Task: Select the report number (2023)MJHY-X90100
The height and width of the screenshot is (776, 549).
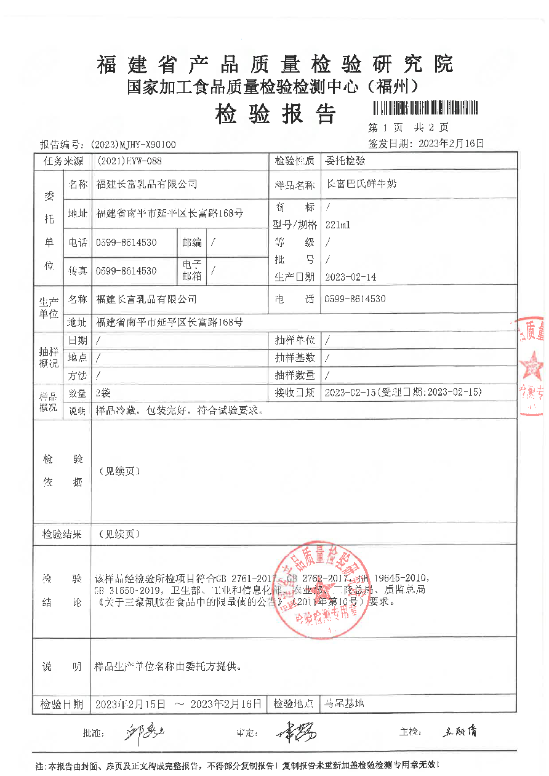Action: point(133,145)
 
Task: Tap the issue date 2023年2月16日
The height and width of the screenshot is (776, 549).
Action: point(451,144)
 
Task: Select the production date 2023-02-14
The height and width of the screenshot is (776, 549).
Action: point(350,278)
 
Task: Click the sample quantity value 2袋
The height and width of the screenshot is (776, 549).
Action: point(103,392)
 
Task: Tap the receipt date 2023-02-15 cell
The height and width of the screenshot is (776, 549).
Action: point(403,392)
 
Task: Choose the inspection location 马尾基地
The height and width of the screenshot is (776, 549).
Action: point(344,703)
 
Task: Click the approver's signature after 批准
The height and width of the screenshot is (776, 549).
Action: point(145,732)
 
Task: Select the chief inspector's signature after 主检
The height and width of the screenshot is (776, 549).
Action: point(459,732)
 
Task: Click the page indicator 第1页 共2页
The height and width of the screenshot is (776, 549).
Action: point(408,128)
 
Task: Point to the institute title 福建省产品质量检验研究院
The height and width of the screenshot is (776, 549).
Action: point(274,64)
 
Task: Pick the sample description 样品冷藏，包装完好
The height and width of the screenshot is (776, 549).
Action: point(179,410)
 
